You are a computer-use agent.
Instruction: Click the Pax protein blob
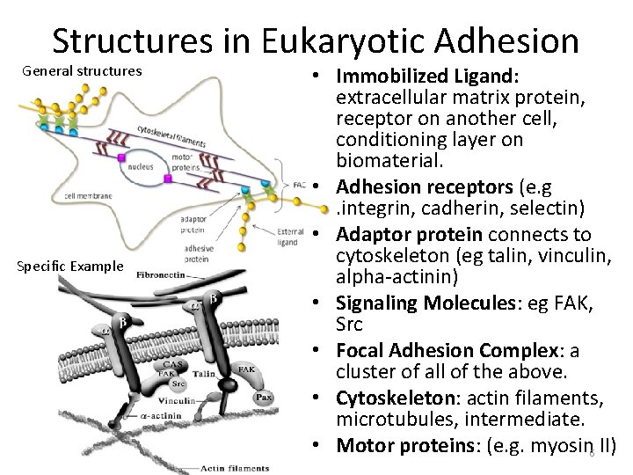263,397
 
